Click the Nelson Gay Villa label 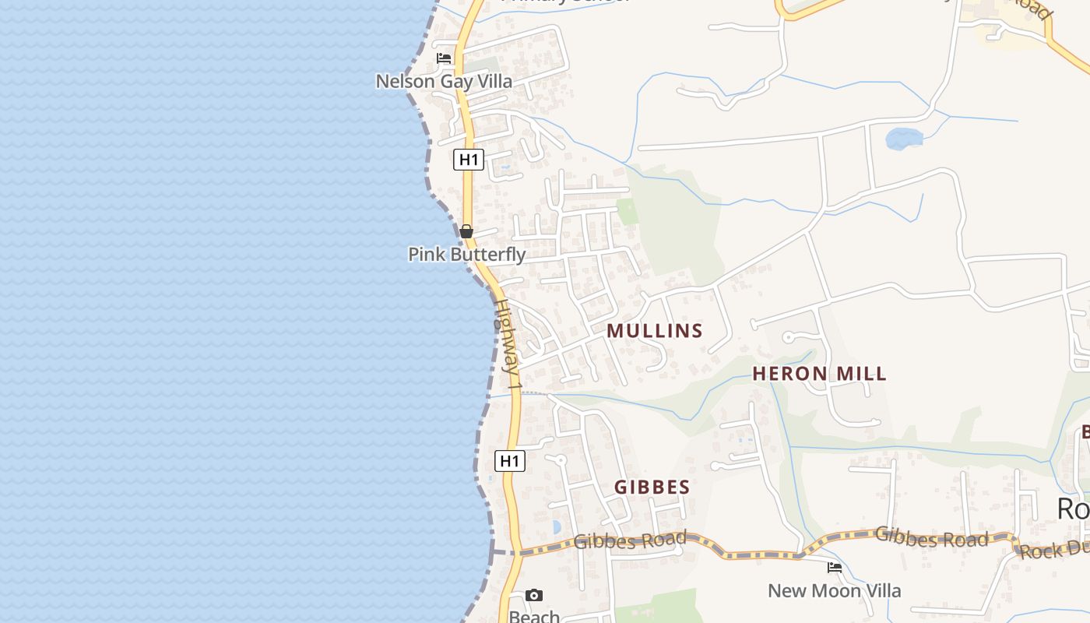click(x=444, y=81)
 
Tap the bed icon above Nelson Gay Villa click(x=444, y=58)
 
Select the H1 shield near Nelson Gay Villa click(x=468, y=160)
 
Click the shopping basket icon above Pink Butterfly click(x=466, y=231)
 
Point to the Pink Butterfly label click(x=466, y=255)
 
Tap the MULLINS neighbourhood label click(x=655, y=331)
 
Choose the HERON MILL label click(x=819, y=374)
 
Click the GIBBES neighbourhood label click(x=652, y=487)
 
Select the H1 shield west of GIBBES click(x=510, y=461)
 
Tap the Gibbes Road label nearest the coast click(x=630, y=540)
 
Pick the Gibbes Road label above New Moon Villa click(x=931, y=537)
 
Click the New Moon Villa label click(x=834, y=590)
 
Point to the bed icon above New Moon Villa click(x=835, y=568)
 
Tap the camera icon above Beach click(x=534, y=596)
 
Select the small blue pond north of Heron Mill click(x=904, y=139)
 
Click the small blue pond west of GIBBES click(x=556, y=526)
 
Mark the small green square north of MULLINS click(x=627, y=211)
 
